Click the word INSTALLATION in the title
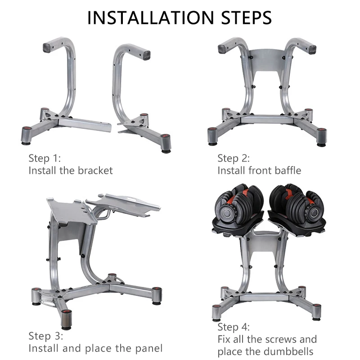(151, 18)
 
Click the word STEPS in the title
(246, 18)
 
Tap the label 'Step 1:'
(45, 158)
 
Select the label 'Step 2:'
(234, 158)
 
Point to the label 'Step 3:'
(46, 336)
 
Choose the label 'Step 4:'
(234, 327)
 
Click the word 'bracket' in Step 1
(95, 171)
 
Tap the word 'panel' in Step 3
(149, 348)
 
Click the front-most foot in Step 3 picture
(67, 319)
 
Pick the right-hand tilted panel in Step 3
(123, 204)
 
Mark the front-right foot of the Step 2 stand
(321, 137)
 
